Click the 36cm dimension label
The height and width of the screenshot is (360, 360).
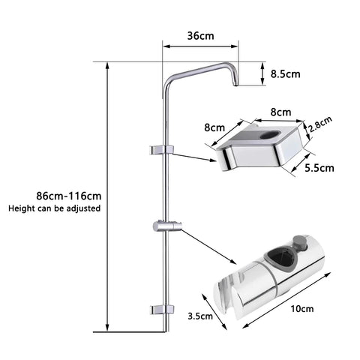[x=199, y=35]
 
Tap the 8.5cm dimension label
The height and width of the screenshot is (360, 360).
[x=286, y=73]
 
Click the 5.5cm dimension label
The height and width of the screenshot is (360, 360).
[x=319, y=169]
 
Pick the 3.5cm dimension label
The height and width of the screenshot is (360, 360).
[x=201, y=316]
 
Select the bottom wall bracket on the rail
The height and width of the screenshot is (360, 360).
[x=163, y=309]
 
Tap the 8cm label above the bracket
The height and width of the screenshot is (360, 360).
[x=280, y=112]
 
